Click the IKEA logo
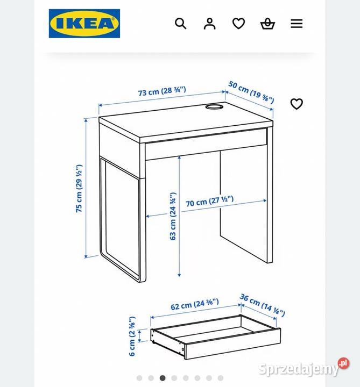pos(84,24)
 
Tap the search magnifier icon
pos(181,24)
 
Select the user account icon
pos(209,24)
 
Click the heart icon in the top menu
pos(238,24)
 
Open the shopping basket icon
pos(267,24)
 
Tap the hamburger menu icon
pos(297,24)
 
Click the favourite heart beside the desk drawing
pos(297,104)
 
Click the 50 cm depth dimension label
pos(251,92)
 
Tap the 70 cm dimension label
pos(210,202)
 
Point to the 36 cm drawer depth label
pos(262,305)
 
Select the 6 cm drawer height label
pos(132,336)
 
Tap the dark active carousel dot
pos(163,378)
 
